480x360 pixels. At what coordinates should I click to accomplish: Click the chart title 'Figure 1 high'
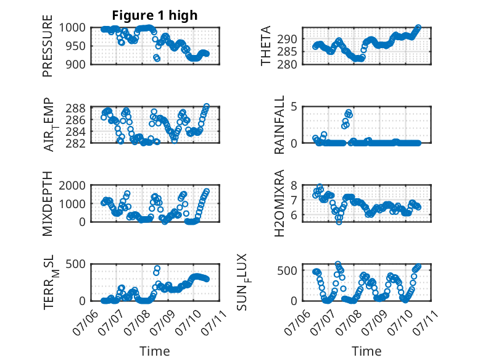coord(155,15)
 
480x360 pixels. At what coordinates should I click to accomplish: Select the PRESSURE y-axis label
coord(48,46)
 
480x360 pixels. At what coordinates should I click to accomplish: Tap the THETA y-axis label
coord(266,46)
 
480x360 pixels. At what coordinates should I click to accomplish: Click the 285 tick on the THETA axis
coord(287,52)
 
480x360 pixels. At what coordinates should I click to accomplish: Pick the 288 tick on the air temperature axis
coord(76,108)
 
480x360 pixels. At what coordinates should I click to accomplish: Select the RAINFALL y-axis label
coord(279,125)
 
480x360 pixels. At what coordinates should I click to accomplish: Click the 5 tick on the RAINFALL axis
coord(294,107)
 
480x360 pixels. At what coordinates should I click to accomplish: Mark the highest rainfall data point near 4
coord(349,112)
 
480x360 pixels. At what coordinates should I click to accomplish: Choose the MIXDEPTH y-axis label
coord(48,203)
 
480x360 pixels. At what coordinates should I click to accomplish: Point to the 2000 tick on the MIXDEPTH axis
coord(72,185)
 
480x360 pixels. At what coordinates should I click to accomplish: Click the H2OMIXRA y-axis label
coord(279,203)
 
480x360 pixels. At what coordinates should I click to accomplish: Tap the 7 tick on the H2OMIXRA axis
coord(294,200)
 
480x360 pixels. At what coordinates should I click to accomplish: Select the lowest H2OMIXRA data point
coord(339,222)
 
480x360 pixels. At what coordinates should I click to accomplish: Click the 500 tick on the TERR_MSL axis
coord(76,264)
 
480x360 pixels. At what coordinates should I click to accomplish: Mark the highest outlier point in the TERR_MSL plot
coord(157,269)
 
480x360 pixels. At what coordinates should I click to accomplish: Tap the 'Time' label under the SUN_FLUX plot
coord(366,351)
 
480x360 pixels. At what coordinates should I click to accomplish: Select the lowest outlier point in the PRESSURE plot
coord(157,59)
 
